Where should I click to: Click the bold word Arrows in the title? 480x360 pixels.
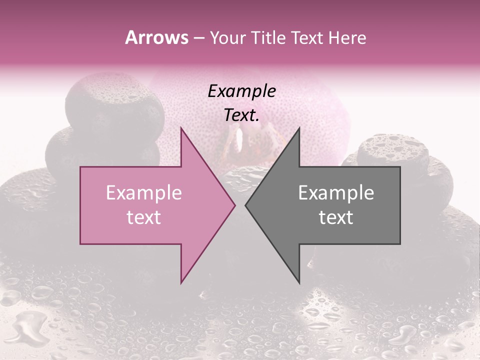click(x=157, y=37)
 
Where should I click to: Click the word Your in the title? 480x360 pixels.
click(x=228, y=37)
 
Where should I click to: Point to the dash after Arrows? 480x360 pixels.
click(x=198, y=38)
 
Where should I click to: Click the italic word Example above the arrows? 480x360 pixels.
click(x=242, y=91)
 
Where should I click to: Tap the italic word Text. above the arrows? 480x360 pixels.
click(x=242, y=115)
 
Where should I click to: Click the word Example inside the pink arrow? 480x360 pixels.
click(x=144, y=193)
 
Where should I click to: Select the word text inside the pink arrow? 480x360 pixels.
click(x=144, y=217)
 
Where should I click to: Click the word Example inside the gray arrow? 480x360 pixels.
click(x=336, y=193)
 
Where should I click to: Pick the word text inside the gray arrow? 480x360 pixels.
click(x=336, y=217)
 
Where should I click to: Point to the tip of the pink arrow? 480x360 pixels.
click(x=235, y=205)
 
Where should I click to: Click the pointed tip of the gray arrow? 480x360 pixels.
click(x=245, y=205)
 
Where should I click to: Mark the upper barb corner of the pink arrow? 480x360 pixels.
click(x=181, y=127)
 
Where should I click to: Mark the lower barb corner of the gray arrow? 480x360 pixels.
click(x=299, y=283)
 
